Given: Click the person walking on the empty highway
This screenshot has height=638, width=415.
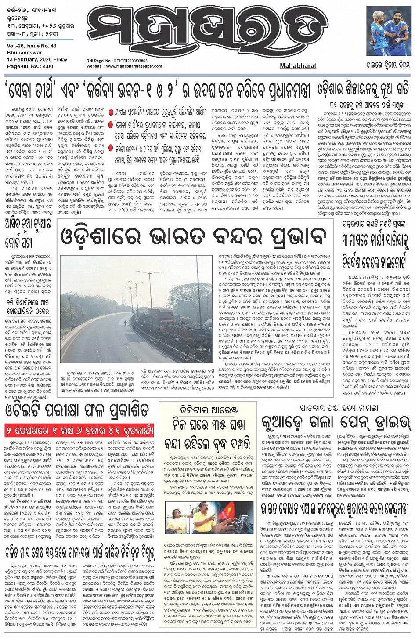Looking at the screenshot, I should point(126,311).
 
